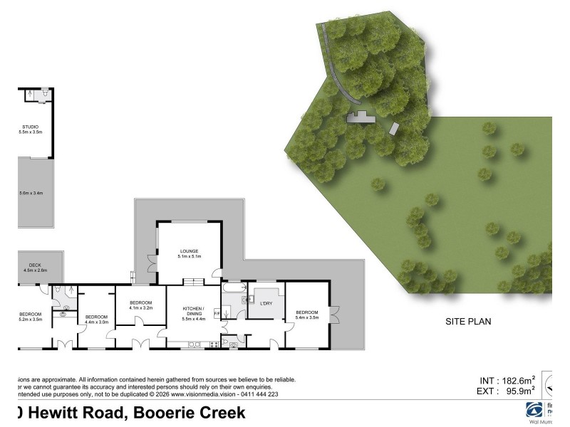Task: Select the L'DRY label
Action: tap(266, 304)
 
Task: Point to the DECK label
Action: tap(35, 265)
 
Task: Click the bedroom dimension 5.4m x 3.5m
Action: tap(307, 317)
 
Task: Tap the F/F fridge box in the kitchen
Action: tap(217, 311)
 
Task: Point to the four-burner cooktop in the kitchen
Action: tap(211, 345)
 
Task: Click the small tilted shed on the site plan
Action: tap(394, 129)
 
